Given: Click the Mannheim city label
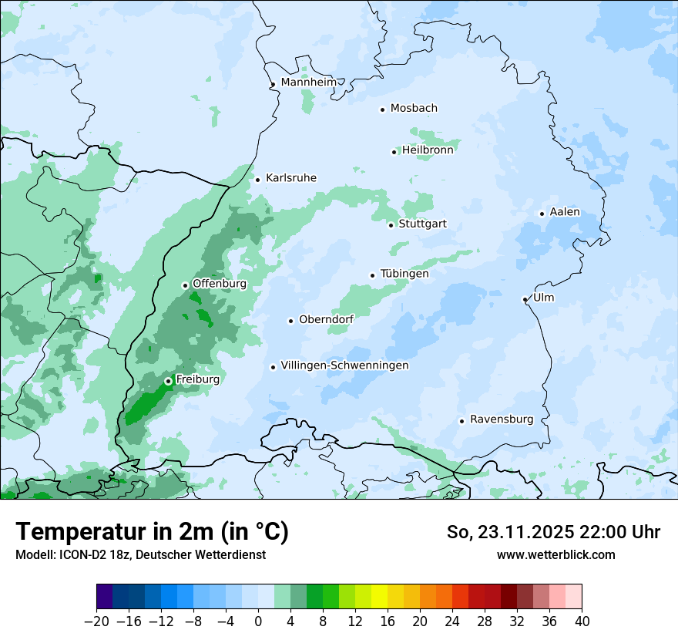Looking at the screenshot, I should coord(308,83).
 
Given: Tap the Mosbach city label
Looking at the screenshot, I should coord(414,109).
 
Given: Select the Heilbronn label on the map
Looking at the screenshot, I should coord(428,150).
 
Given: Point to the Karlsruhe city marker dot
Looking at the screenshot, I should coord(257,180).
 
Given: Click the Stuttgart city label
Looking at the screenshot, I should coord(422,224).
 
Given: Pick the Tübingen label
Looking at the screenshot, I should coord(404,274).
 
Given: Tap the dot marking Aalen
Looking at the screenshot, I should coord(542,214).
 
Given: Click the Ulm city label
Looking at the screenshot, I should coord(543,298).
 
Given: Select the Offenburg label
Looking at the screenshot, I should coord(220,284).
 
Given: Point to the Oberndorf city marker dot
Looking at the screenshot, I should coord(290,321).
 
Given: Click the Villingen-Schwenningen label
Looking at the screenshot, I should coord(344,365).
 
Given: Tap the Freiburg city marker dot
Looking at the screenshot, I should coord(168,381).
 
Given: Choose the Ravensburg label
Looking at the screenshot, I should coord(502,419).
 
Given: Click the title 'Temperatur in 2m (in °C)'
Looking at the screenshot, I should coord(152,531).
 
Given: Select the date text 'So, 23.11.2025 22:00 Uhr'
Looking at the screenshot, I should coord(553,532).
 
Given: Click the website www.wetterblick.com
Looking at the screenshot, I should coord(555,554).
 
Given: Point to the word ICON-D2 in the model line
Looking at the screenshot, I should coord(79,554).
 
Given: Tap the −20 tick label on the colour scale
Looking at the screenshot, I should coord(96,621).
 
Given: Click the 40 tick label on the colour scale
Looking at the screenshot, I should coord(582,621).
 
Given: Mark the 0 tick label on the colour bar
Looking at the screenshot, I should coord(258,621).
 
